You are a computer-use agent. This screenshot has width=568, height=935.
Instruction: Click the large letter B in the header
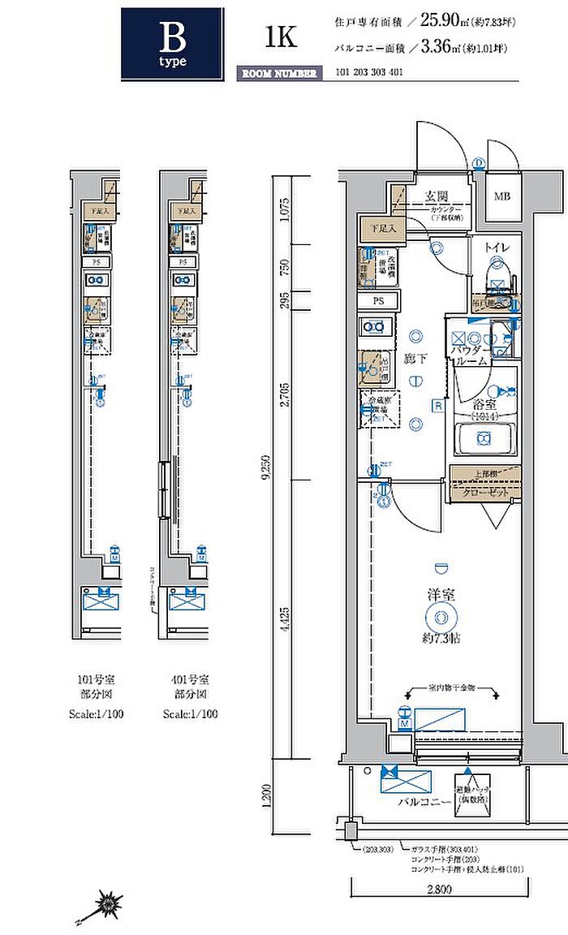click(x=172, y=37)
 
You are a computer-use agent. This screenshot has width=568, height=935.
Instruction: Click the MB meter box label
click(x=503, y=196)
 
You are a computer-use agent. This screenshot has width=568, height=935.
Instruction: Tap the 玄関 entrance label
click(x=439, y=196)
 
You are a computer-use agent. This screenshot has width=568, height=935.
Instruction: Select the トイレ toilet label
click(x=496, y=246)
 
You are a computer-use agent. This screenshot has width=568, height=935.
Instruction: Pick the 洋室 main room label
click(x=441, y=594)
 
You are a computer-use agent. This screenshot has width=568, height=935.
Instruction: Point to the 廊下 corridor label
click(x=415, y=357)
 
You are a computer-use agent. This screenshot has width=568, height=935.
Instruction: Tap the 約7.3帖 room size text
click(x=441, y=639)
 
